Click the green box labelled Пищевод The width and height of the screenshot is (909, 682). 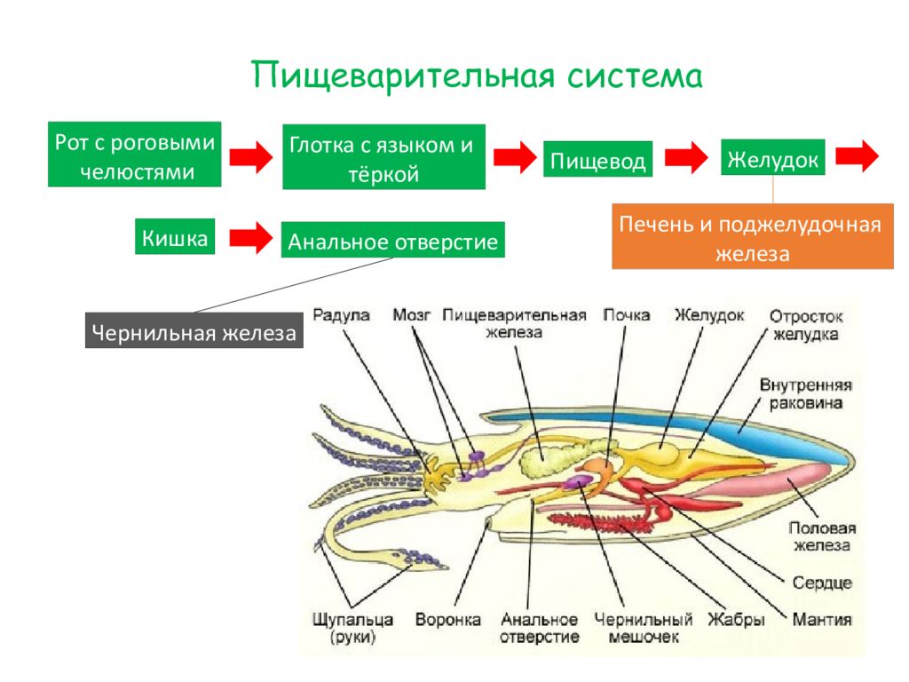[597, 159]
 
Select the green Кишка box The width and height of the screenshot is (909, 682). [175, 236]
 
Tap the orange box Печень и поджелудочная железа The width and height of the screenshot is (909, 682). [753, 236]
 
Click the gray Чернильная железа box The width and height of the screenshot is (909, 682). [194, 330]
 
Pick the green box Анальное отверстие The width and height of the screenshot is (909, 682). [393, 240]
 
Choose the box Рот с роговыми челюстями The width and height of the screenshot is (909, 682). [135, 155]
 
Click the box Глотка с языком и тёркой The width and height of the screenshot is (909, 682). [383, 156]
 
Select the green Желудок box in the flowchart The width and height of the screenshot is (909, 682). [773, 156]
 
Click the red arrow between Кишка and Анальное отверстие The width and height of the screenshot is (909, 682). [251, 238]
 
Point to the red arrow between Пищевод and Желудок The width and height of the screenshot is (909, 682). [686, 156]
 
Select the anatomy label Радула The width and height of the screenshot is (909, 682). [341, 315]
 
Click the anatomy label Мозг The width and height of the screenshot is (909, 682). [412, 315]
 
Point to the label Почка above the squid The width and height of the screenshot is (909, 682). [626, 315]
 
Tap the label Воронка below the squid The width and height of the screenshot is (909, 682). [447, 619]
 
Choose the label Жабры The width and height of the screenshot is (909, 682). [736, 619]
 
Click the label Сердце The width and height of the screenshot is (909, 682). [822, 583]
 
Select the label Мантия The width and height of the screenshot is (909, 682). [822, 619]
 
